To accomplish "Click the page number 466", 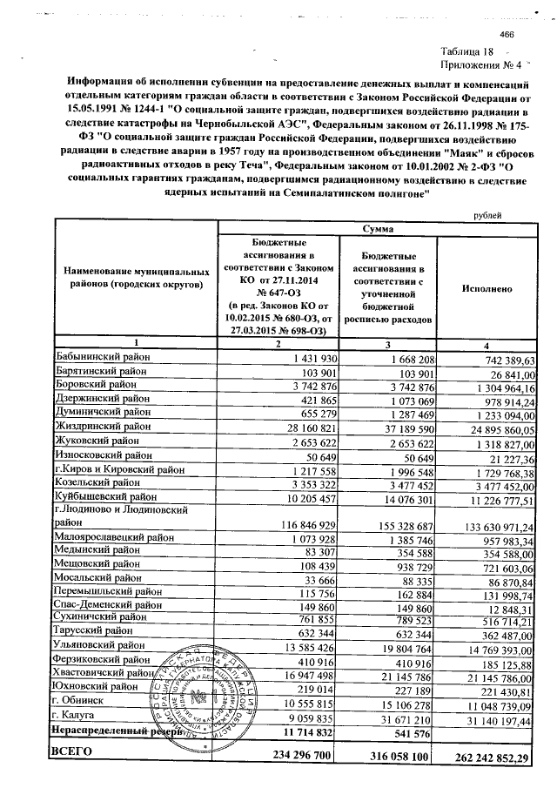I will click(x=508, y=33).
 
